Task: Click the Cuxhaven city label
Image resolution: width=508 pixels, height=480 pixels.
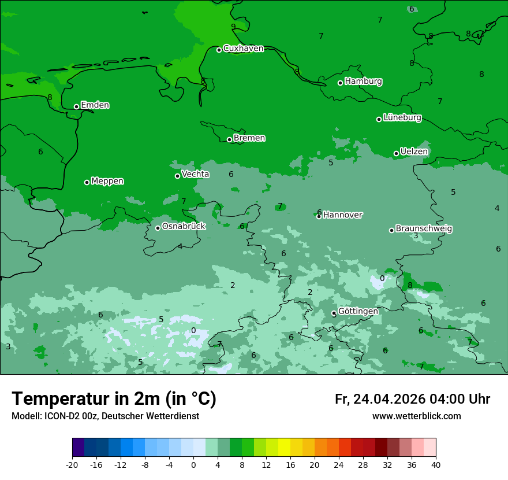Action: coord(243,49)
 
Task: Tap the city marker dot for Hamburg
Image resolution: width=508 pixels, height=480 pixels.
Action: coord(341,83)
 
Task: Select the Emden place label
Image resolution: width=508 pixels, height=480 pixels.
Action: coord(95,105)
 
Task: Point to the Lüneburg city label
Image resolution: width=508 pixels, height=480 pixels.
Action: coord(402,118)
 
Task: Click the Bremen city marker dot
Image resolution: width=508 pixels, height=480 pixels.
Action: coord(229,139)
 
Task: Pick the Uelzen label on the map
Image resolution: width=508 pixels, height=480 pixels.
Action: coord(414,152)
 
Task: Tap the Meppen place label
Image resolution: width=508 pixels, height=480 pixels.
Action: coord(107,181)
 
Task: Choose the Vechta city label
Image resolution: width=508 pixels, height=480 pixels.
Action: coord(195,174)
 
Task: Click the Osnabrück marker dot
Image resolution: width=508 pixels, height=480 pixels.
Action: coord(158,228)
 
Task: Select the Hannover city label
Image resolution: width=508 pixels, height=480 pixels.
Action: coord(342,215)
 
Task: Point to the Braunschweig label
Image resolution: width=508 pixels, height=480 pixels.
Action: coord(424,229)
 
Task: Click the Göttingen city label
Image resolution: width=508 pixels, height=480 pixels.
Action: coord(358,311)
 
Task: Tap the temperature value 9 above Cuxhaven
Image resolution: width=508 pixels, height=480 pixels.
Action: coord(233,27)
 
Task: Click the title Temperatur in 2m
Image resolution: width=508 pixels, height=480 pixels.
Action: coord(114,399)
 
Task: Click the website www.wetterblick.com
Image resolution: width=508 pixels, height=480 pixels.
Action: coord(416,416)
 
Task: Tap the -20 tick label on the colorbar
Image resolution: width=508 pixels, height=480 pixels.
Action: coord(72,465)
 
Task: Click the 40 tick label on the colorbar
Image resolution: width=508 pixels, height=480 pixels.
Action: coord(436,465)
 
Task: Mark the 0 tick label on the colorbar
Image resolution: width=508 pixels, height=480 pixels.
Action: coord(193,465)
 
